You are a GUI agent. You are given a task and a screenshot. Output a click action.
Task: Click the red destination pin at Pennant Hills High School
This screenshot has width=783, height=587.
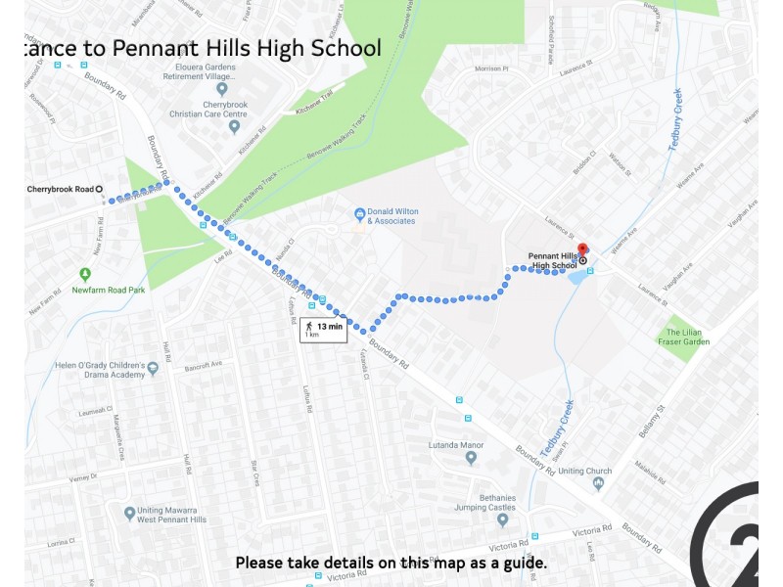(582, 250)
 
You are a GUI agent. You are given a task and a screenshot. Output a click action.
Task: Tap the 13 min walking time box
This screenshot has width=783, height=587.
(323, 329)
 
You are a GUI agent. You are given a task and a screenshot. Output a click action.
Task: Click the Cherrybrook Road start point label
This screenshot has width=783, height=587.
(60, 189)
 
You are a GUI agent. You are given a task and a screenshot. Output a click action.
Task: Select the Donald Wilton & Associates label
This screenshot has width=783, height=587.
(391, 216)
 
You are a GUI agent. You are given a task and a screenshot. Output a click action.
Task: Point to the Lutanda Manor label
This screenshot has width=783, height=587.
(457, 445)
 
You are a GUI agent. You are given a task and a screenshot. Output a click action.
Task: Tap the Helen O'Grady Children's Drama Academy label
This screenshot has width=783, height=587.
(94, 370)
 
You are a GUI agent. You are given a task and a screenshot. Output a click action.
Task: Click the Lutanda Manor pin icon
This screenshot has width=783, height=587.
(471, 458)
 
